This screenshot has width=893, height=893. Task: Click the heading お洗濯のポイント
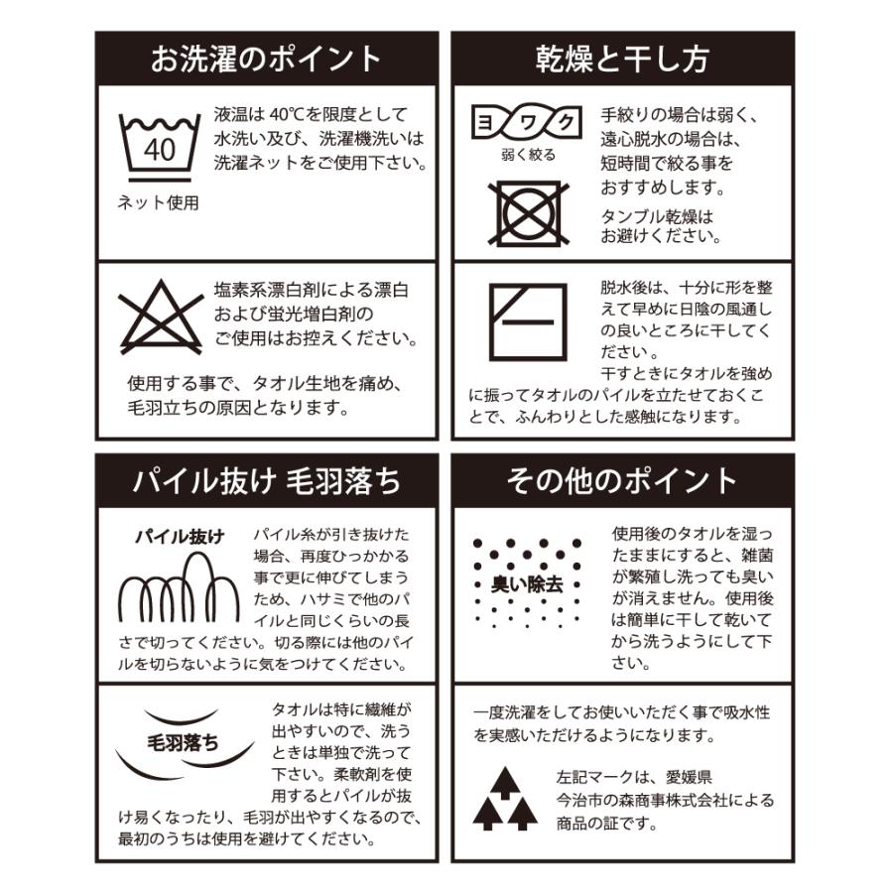click(x=266, y=59)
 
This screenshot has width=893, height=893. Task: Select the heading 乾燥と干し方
click(x=622, y=59)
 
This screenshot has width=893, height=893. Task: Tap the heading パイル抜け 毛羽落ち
click(x=266, y=481)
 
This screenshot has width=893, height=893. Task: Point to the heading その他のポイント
click(x=622, y=481)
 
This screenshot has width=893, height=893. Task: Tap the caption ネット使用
click(x=159, y=203)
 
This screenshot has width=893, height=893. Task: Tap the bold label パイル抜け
click(x=180, y=538)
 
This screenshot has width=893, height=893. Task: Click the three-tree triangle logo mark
click(x=505, y=799)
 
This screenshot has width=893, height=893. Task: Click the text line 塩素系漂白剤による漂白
click(x=311, y=292)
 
